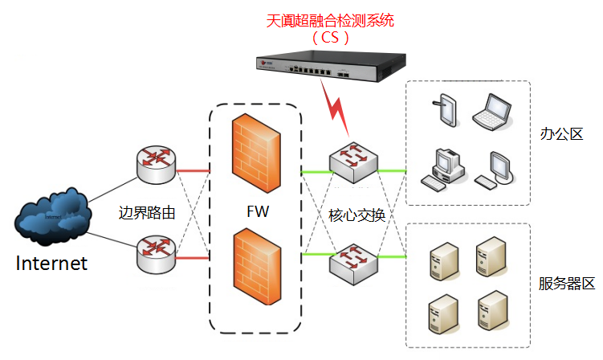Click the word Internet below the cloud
point(51,263)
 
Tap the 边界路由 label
point(147,214)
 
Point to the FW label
point(258,213)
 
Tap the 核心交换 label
point(357,215)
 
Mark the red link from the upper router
point(192,170)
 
